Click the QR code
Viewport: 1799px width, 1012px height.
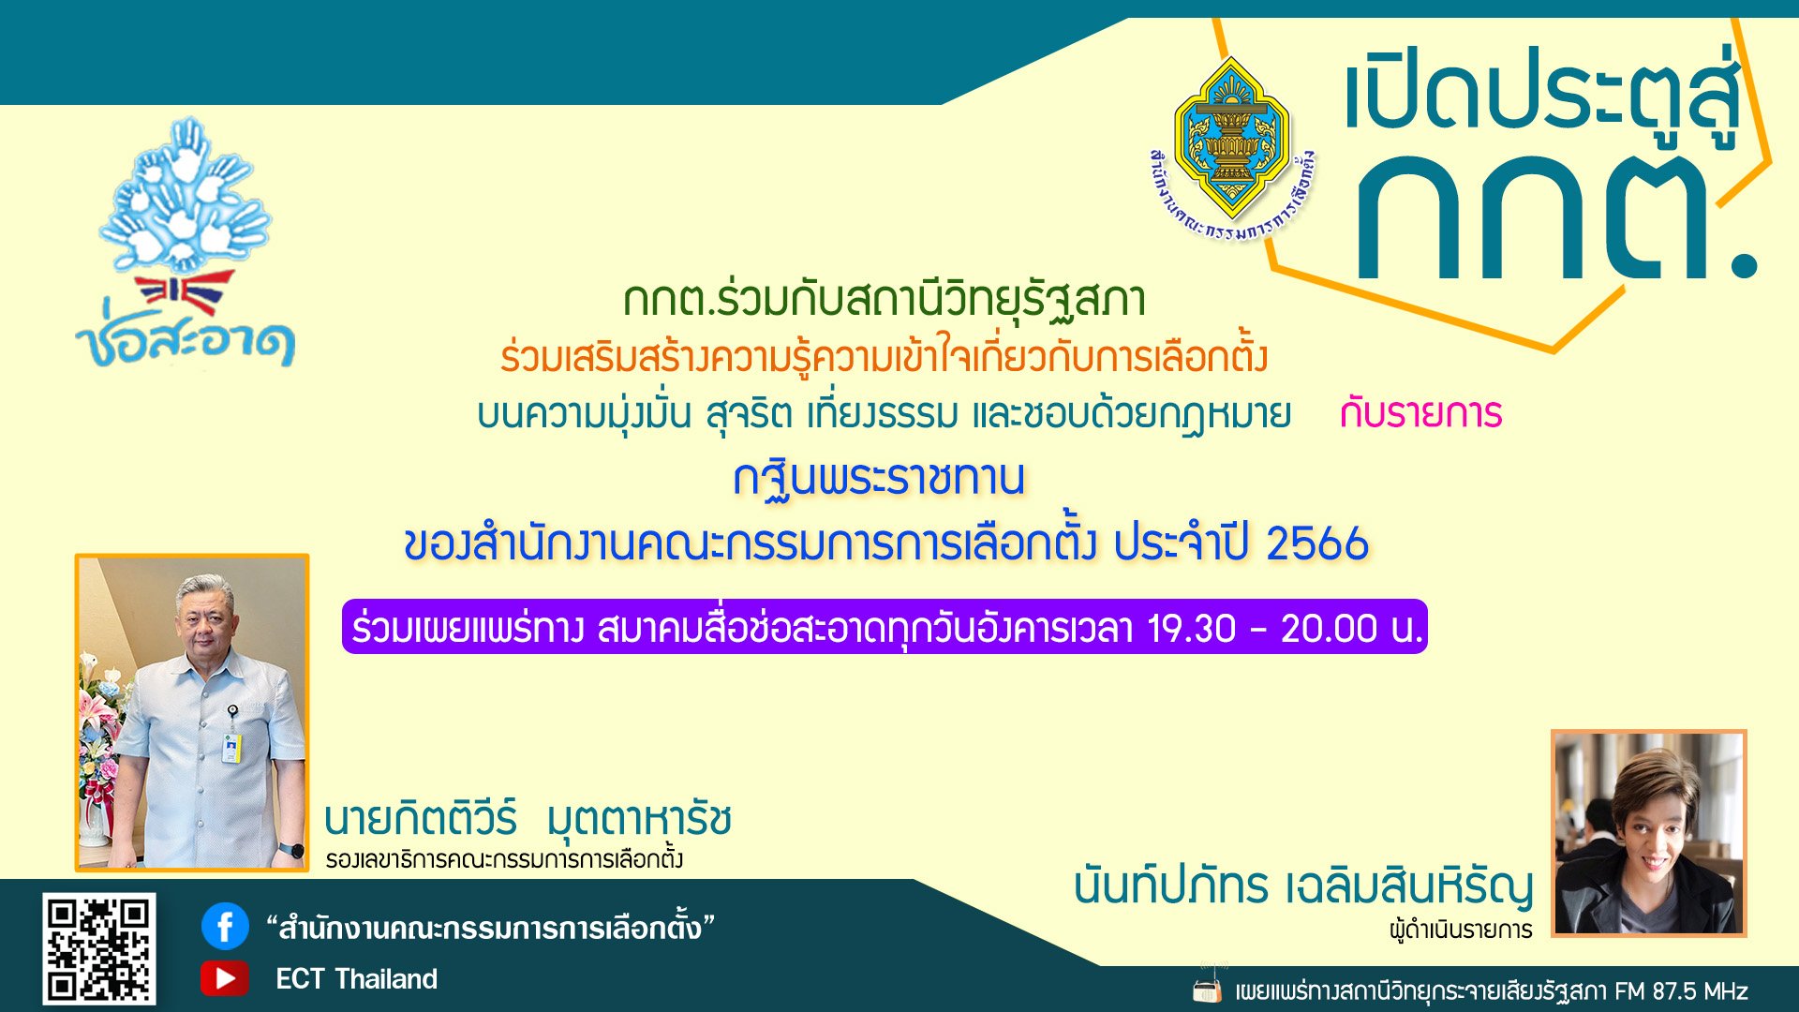[x=98, y=948]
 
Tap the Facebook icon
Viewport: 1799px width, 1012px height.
[x=225, y=927]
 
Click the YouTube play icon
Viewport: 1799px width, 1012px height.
[x=225, y=978]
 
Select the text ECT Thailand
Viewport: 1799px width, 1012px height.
[x=356, y=979]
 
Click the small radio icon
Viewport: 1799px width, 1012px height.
[x=1208, y=989]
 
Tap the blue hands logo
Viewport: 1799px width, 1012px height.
[x=185, y=197]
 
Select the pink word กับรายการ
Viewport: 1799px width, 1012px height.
[x=1420, y=413]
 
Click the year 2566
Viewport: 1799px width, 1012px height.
[x=1317, y=543]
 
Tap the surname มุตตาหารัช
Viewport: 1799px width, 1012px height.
[x=639, y=820]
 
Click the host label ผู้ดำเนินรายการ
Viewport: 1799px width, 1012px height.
[x=1461, y=930]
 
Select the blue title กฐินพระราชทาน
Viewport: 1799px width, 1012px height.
[x=879, y=478]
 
